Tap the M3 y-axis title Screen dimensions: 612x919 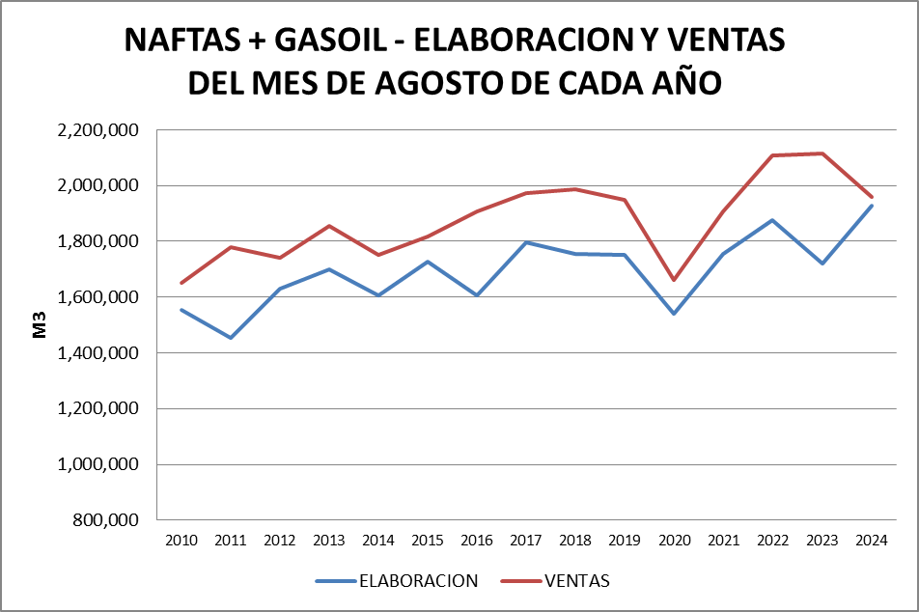tap(40, 325)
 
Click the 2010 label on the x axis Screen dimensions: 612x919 tap(181, 540)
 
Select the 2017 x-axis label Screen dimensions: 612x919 tap(526, 540)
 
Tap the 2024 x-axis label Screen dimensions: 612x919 tap(872, 540)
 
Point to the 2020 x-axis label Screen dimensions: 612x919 tap(674, 540)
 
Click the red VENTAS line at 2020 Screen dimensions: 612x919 tap(674, 280)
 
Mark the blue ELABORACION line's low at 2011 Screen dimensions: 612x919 tap(231, 338)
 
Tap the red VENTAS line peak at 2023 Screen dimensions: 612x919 tap(822, 153)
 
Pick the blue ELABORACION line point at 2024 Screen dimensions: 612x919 tap(872, 206)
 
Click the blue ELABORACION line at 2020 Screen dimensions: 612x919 tap(674, 314)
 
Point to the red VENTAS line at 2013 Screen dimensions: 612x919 tap(329, 226)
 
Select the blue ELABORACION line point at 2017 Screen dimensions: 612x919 tap(526, 242)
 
